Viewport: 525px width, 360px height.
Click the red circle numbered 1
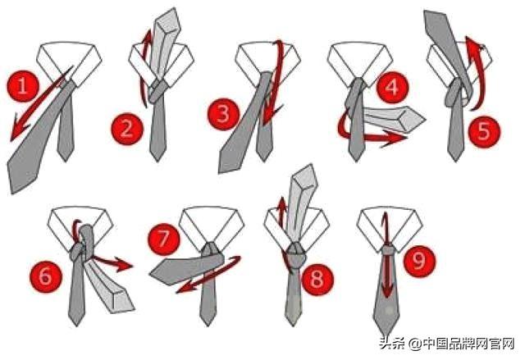click(x=23, y=85)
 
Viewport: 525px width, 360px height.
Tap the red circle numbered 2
click(x=127, y=129)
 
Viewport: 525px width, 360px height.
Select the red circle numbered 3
click(x=223, y=114)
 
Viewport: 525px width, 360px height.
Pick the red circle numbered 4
click(x=392, y=87)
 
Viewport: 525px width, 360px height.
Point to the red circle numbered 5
click(x=483, y=131)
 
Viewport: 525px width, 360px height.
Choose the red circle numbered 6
click(x=46, y=276)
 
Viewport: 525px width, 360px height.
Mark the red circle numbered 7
click(x=164, y=239)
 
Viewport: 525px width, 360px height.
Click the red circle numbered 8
click(x=317, y=279)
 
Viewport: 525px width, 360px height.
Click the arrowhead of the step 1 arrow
click(x=17, y=131)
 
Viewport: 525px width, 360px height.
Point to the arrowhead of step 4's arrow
click(x=394, y=138)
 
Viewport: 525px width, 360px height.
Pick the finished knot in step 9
click(x=388, y=250)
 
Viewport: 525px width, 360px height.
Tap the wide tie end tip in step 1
click(x=13, y=191)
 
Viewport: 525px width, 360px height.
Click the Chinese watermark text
click(x=446, y=344)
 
